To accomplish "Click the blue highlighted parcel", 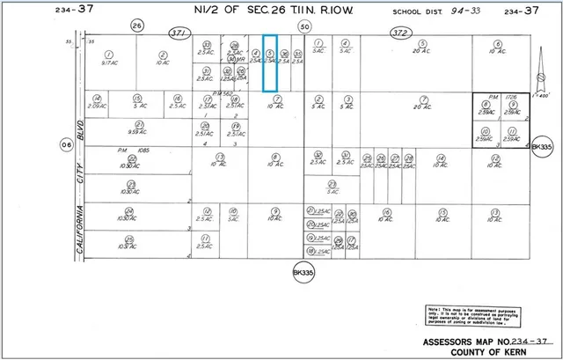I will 270,62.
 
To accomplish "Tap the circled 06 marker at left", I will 64,145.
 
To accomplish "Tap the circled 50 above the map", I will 305,27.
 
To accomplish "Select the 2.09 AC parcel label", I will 98,106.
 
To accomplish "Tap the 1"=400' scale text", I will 541,95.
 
